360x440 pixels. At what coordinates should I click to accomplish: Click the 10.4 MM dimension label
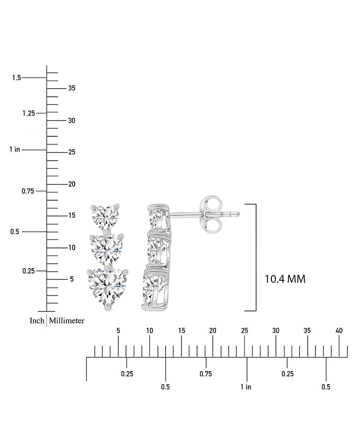pyautogui.click(x=285, y=279)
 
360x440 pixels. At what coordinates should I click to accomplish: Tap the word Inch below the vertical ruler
pyautogui.click(x=37, y=320)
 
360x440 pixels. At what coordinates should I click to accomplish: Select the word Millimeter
pyautogui.click(x=67, y=320)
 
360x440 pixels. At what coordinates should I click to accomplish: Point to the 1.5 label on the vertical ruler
pyautogui.click(x=17, y=77)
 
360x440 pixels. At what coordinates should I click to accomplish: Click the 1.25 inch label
pyautogui.click(x=29, y=113)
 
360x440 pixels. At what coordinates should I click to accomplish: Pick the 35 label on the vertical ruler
pyautogui.click(x=72, y=88)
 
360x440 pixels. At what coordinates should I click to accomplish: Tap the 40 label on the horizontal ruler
pyautogui.click(x=339, y=331)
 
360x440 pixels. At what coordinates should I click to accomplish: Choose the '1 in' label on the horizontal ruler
pyautogui.click(x=246, y=387)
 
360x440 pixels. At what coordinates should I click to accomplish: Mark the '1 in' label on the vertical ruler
pyautogui.click(x=14, y=149)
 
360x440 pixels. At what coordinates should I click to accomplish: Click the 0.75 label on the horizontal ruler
pyautogui.click(x=206, y=374)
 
